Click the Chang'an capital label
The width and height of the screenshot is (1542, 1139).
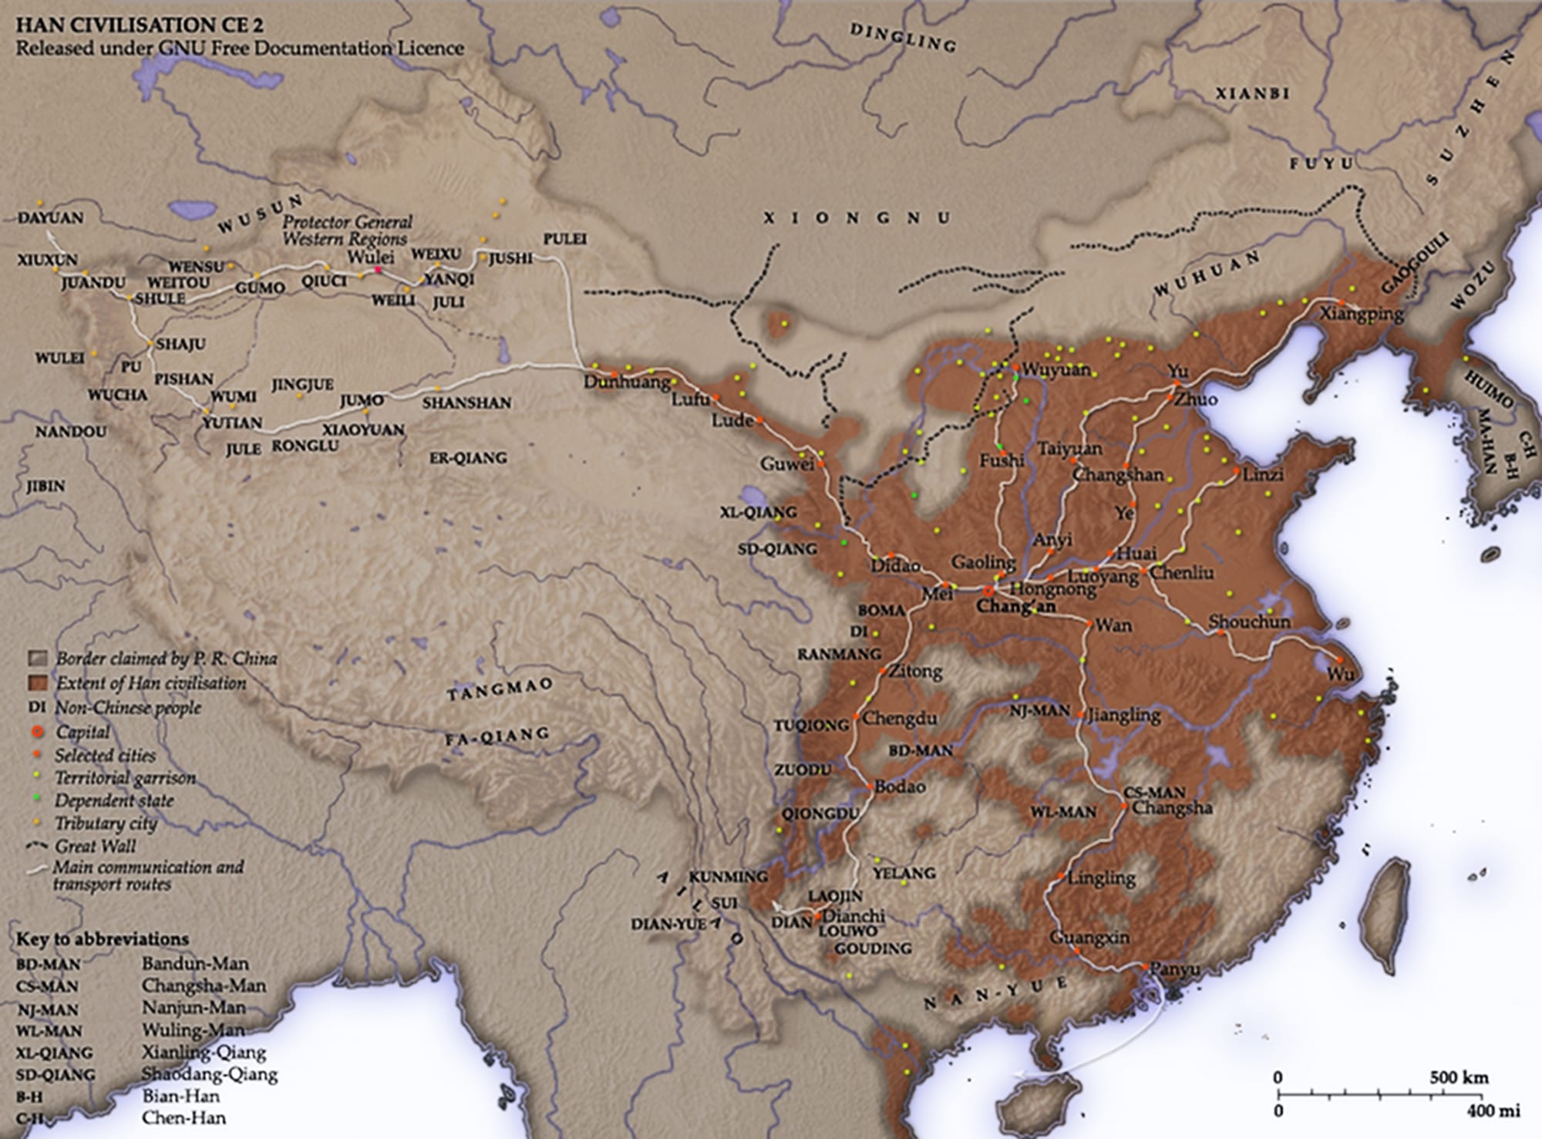[x=1015, y=607]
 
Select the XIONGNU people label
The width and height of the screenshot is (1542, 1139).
[x=856, y=218]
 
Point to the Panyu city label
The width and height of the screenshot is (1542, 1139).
[x=1173, y=970]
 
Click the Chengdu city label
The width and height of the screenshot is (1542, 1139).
[x=899, y=719]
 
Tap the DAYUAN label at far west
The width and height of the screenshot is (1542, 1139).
[x=50, y=218]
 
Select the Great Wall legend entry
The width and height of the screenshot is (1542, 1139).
[x=96, y=846]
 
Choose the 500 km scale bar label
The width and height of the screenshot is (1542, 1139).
[x=1459, y=1077]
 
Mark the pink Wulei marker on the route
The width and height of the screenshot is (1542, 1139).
[x=378, y=270]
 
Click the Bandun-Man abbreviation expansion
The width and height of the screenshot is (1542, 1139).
[x=195, y=963]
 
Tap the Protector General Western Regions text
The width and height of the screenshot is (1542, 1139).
[x=346, y=230]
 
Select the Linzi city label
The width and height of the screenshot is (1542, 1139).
[x=1262, y=475]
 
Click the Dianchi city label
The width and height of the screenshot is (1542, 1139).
[x=853, y=917]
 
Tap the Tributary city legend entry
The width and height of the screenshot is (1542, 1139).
[x=106, y=824]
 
